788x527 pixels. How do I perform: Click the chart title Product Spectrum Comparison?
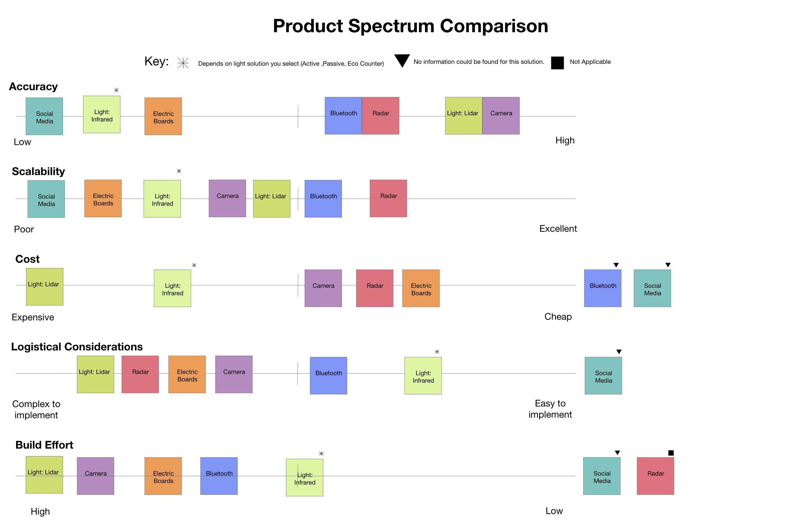(410, 26)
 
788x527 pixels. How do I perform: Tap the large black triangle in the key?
(402, 60)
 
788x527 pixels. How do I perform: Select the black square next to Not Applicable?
(557, 63)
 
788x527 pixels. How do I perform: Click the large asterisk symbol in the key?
(183, 63)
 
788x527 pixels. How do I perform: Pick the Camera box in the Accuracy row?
(501, 116)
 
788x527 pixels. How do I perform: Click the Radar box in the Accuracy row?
(380, 116)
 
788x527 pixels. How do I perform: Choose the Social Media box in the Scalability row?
(46, 199)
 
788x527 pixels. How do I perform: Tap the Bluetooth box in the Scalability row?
(323, 199)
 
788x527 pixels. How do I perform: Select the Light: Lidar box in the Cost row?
(44, 286)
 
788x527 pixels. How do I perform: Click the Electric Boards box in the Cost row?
(421, 288)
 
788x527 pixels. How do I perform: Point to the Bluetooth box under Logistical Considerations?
(329, 375)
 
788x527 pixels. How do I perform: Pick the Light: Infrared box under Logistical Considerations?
(423, 375)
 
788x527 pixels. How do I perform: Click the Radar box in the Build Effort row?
(655, 476)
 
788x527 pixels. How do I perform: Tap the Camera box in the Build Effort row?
(96, 476)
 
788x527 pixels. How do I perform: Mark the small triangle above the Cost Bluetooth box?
(616, 265)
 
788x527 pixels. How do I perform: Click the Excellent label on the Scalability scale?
(558, 229)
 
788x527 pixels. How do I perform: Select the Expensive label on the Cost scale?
(33, 317)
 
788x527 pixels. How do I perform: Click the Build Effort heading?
(44, 445)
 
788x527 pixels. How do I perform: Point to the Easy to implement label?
(550, 409)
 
